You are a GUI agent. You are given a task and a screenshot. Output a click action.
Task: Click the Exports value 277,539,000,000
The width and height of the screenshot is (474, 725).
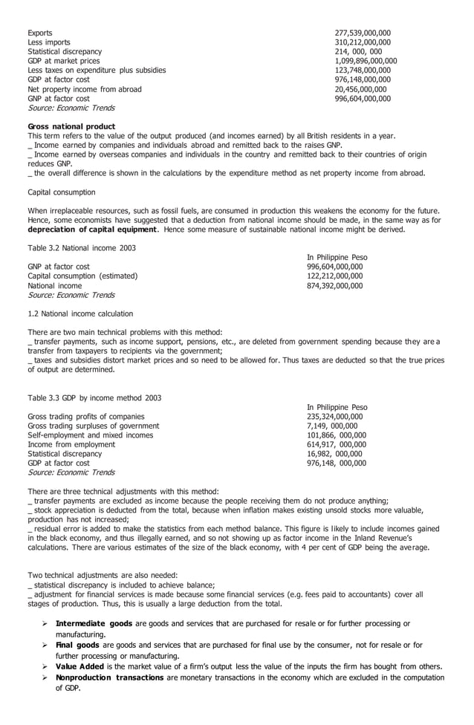(x=363, y=33)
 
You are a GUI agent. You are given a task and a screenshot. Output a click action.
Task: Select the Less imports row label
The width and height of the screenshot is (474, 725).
(x=50, y=42)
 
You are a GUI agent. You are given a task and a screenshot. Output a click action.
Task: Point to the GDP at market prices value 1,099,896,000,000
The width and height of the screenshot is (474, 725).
(x=366, y=61)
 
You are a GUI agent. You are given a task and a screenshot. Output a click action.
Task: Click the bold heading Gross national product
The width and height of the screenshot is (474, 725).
(x=71, y=126)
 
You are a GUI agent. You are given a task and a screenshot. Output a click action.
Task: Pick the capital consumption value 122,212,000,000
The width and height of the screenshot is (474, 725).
(x=335, y=276)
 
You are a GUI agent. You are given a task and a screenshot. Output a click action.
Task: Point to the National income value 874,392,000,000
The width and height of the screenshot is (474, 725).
(x=335, y=285)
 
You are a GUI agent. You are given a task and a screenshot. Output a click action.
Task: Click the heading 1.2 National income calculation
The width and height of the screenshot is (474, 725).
(x=80, y=313)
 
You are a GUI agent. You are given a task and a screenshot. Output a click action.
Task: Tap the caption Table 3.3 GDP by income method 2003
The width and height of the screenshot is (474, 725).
(x=94, y=398)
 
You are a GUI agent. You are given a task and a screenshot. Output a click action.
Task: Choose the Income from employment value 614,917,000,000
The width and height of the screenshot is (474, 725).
(x=337, y=444)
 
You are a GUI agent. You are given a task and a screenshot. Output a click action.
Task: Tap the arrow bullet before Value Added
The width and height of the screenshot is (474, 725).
(x=45, y=666)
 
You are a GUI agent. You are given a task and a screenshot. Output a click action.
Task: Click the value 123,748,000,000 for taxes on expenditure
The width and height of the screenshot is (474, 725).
(x=363, y=71)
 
